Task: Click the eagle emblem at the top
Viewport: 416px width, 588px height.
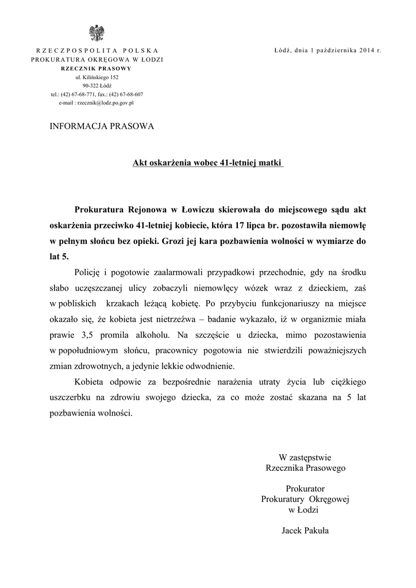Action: pos(97,33)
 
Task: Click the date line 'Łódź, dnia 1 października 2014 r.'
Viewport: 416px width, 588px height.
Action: pos(328,51)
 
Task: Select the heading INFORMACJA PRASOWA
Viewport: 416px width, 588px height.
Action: pos(102,126)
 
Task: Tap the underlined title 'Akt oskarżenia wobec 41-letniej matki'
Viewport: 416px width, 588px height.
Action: pos(208,163)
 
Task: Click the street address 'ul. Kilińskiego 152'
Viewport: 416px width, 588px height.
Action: pos(97,76)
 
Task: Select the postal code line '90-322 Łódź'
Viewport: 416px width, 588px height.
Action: pos(97,85)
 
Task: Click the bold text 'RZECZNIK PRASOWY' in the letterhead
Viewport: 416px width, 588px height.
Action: pos(97,68)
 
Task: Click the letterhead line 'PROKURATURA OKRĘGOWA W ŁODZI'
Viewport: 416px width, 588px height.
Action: pos(97,59)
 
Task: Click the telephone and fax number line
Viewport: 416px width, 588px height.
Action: pos(97,94)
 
